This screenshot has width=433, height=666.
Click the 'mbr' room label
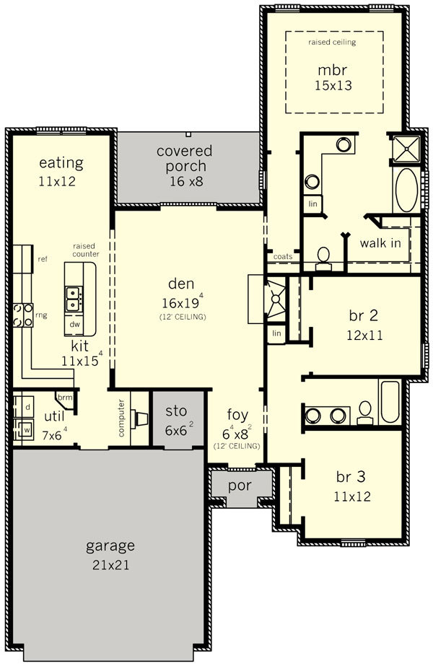[x=332, y=70]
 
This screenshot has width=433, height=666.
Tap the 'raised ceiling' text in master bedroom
[x=332, y=42]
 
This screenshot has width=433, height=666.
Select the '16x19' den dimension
[x=180, y=302]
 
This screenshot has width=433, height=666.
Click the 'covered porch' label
[x=185, y=159]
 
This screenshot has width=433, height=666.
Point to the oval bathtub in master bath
[x=406, y=190]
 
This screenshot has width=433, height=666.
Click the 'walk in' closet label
[x=380, y=243]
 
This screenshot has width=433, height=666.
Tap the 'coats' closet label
[x=283, y=257]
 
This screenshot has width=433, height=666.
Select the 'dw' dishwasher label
[x=74, y=325]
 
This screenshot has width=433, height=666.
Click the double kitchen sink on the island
[x=74, y=299]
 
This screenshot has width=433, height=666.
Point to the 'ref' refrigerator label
[x=43, y=259]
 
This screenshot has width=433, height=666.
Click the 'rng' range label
[x=41, y=315]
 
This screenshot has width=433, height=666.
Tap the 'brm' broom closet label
[x=64, y=398]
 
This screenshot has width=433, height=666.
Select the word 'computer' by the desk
[x=121, y=418]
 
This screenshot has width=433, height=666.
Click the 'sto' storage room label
[x=176, y=411]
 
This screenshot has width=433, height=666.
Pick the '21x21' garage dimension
[x=110, y=565]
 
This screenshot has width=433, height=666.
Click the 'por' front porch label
[x=240, y=486]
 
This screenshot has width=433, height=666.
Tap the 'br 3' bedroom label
[x=351, y=476]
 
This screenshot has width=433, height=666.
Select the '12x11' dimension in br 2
[x=364, y=336]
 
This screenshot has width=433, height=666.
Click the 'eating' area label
[x=61, y=163]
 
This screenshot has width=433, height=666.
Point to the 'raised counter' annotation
[x=86, y=250]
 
